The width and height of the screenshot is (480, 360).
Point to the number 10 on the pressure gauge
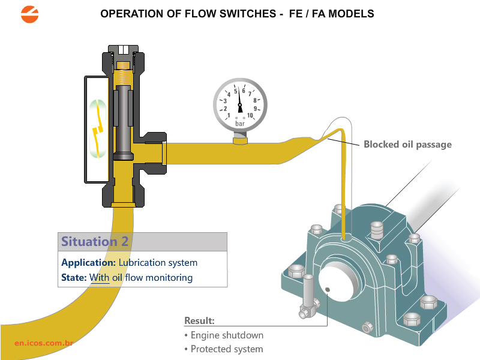click(250, 115)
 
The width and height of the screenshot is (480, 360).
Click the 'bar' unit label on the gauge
click(240, 123)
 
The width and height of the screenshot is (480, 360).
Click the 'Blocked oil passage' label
click(407, 144)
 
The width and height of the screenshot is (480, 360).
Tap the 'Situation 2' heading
click(95, 242)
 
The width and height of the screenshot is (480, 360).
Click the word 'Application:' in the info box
click(88, 262)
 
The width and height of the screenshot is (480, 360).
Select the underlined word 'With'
click(99, 277)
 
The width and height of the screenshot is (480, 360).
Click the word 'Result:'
click(199, 320)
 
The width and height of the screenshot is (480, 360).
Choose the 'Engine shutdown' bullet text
click(227, 335)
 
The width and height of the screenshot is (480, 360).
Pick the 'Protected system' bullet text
click(227, 349)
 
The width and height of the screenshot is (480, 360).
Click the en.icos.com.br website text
click(44, 343)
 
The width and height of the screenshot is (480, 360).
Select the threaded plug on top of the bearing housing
click(377, 229)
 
